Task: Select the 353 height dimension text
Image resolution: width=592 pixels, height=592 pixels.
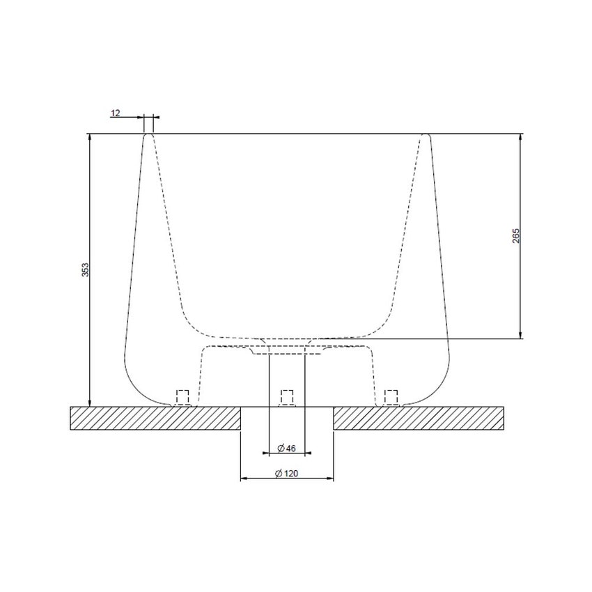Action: click(85, 270)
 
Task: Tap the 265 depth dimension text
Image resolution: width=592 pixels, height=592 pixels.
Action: click(515, 235)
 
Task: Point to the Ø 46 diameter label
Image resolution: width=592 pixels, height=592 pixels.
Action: click(286, 446)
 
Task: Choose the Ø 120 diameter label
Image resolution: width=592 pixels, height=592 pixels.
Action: click(286, 473)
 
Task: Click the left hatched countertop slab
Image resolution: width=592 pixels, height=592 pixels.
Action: click(155, 419)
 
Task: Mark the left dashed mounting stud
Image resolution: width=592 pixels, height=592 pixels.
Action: click(182, 397)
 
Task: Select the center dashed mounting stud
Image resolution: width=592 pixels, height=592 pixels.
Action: click(286, 397)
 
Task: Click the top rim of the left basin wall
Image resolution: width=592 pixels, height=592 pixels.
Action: click(148, 135)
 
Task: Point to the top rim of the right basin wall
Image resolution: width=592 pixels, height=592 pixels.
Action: click(426, 135)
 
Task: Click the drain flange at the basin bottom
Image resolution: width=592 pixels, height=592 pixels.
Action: click(286, 350)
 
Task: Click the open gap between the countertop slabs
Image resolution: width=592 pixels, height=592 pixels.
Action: click(286, 419)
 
